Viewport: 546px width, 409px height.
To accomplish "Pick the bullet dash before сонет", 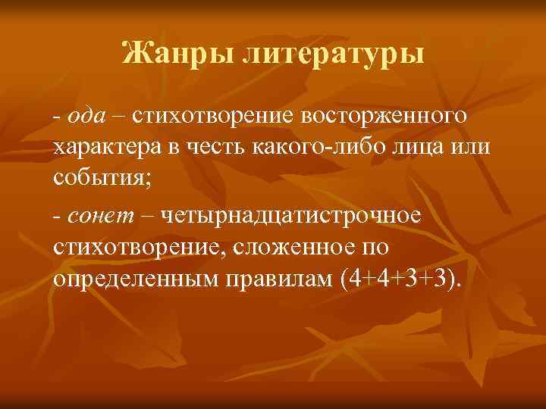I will click(57, 217).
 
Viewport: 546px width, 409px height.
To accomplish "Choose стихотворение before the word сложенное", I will click(142, 248).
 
